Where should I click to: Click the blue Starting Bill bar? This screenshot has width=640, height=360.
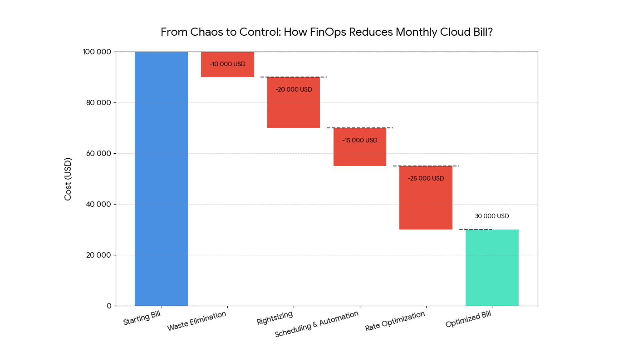161,179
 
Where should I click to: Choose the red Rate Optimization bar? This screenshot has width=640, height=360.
426,203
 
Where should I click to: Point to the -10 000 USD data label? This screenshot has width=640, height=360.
227,64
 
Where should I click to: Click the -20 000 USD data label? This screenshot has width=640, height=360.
294,89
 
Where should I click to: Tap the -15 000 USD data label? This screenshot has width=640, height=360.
360,140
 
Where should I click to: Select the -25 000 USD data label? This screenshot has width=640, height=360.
426,178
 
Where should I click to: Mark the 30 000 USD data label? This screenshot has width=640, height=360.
492,216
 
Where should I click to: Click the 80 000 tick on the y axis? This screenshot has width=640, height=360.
99,103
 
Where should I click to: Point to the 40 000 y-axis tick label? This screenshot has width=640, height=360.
99,204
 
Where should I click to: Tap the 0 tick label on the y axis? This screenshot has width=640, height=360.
109,306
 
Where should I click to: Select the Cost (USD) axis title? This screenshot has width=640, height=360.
68,179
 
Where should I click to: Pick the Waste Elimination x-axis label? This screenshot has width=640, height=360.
197,321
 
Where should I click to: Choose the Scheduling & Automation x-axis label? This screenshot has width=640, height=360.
317,324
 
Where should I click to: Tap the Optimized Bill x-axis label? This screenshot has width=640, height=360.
468,319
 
